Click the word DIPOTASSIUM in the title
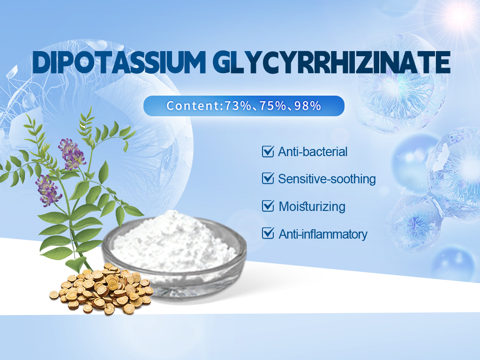(119, 62)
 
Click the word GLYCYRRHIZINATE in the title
(331, 62)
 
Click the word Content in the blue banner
(193, 105)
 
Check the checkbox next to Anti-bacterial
(268, 151)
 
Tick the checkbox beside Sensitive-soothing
(268, 179)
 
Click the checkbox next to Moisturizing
(268, 206)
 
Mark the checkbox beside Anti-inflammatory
(268, 233)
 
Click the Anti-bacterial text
(313, 152)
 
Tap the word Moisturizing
(312, 207)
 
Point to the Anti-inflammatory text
(323, 234)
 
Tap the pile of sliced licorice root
(102, 289)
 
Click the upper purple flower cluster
(72, 154)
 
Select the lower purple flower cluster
(48, 190)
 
